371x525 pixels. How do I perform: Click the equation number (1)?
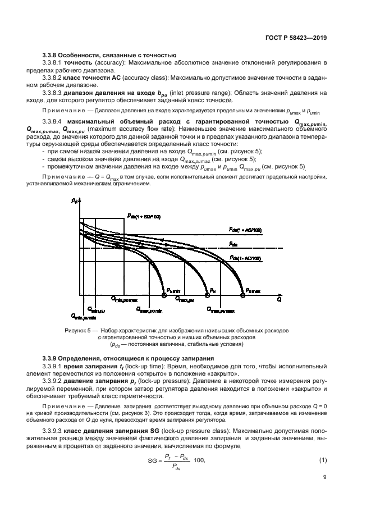pos(322,460)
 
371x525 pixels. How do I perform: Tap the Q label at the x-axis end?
pos(279,299)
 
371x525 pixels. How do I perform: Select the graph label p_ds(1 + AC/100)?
pos(245,229)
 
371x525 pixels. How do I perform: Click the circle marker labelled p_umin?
pos(164,294)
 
